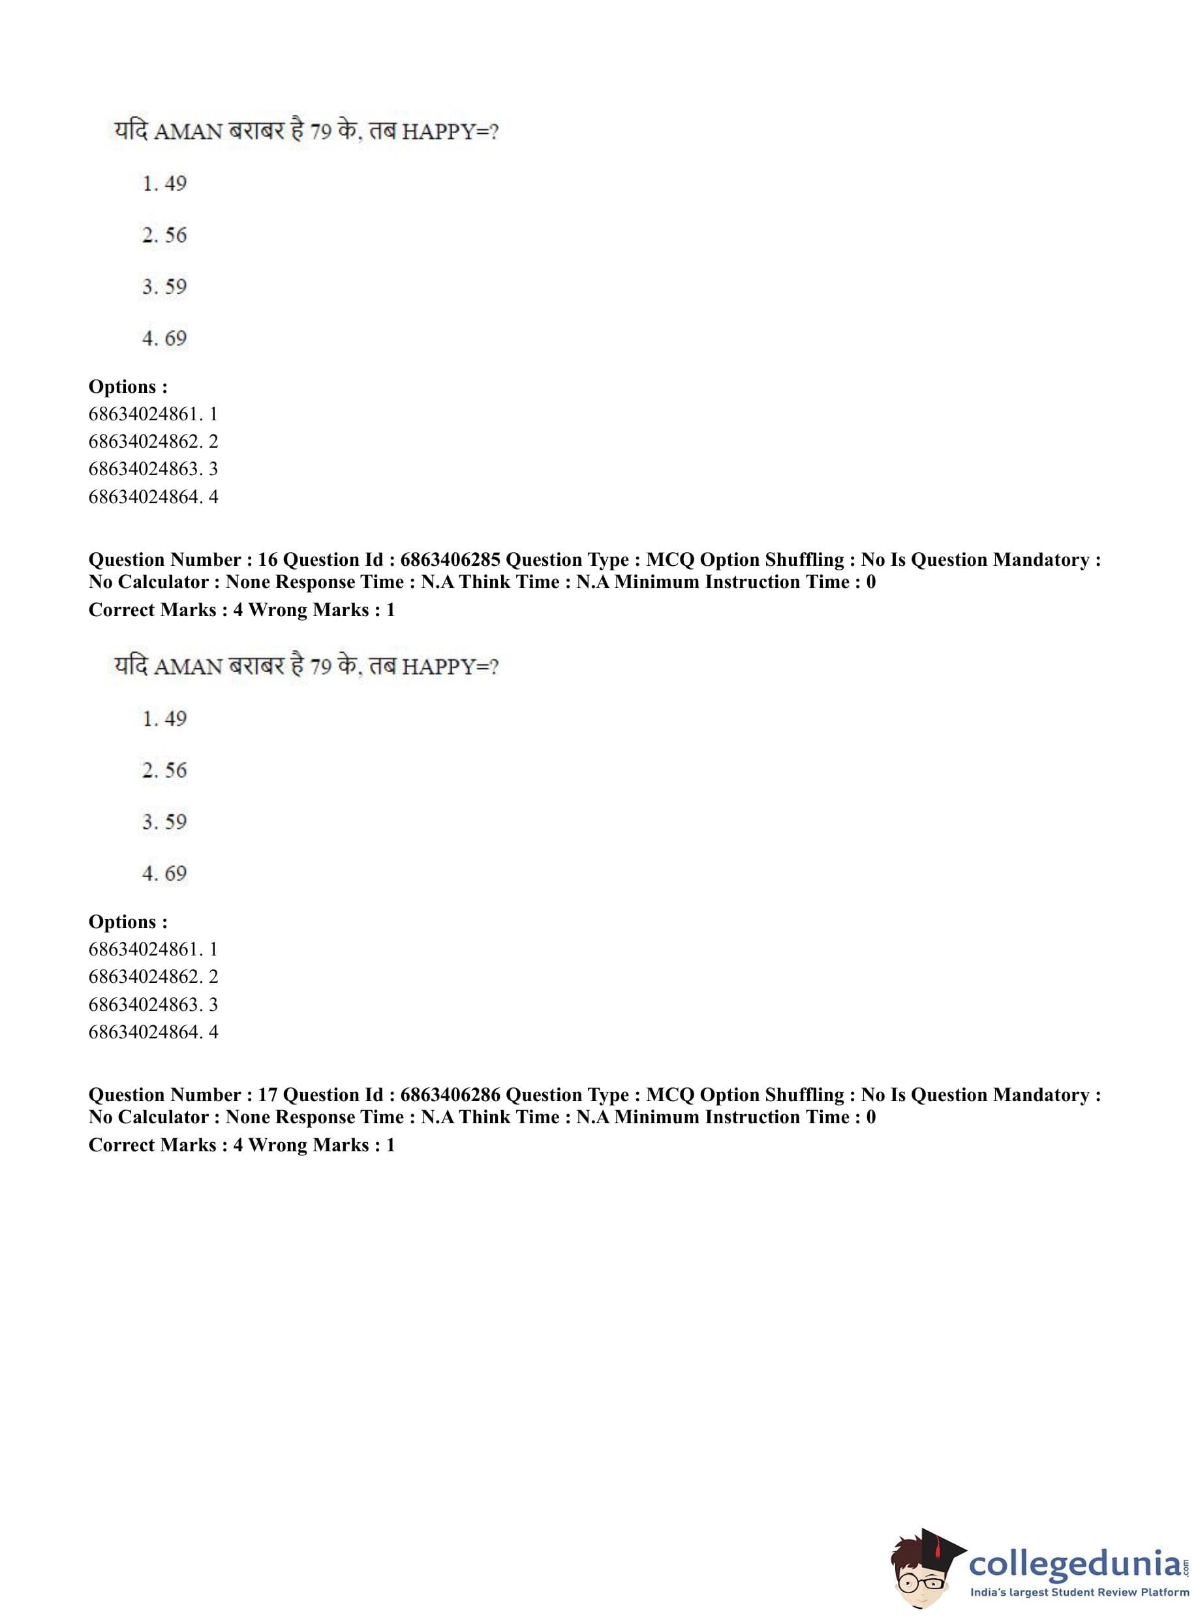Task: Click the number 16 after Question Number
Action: point(268,559)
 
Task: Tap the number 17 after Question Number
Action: point(268,1095)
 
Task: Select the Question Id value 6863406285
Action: point(450,559)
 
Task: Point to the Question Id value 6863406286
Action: point(450,1095)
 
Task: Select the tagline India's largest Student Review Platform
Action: point(1079,1593)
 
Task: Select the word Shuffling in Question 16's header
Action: point(803,559)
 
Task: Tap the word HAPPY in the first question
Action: point(435,132)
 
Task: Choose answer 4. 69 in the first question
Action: point(164,338)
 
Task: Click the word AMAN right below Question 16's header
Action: point(189,666)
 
